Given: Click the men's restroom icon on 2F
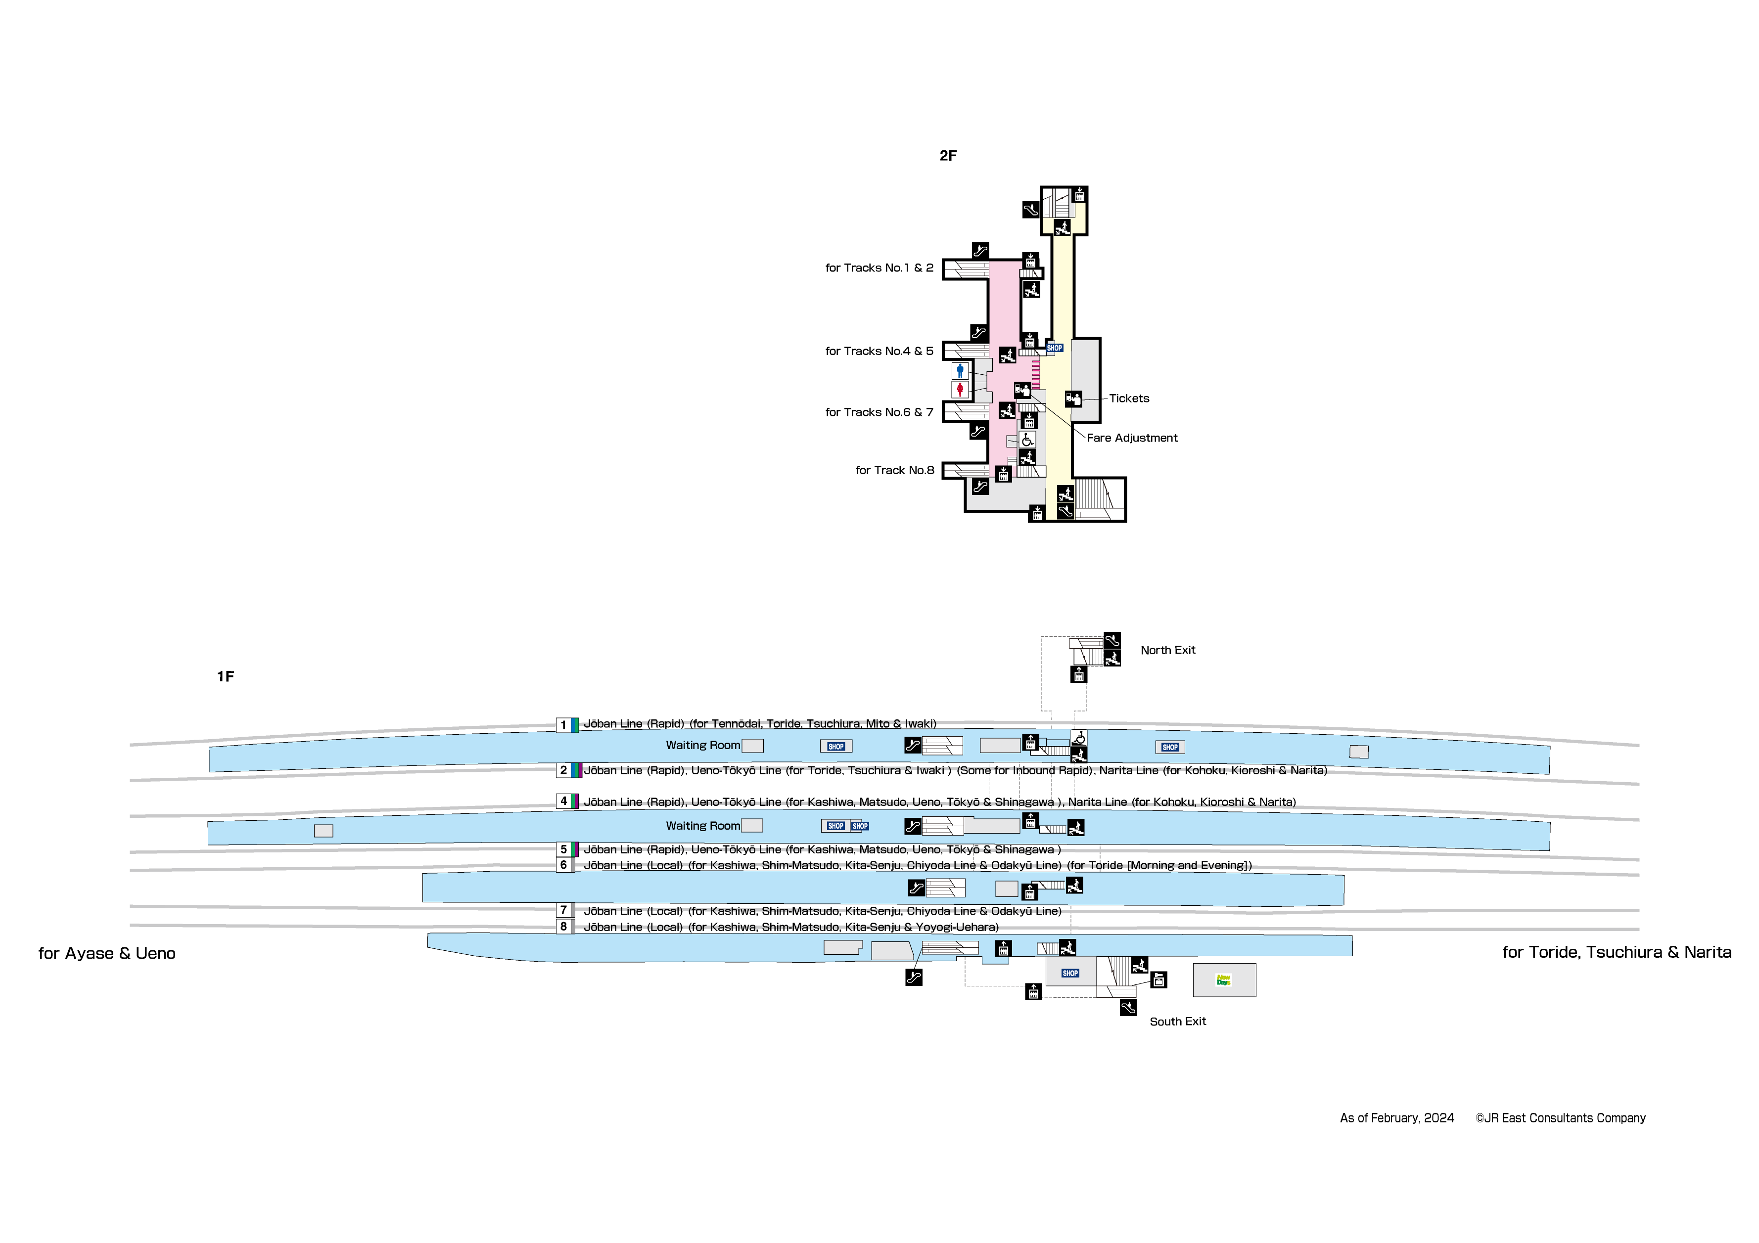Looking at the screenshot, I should pos(960,371).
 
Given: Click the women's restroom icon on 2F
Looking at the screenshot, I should pos(960,390).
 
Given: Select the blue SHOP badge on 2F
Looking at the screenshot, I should pos(1055,348).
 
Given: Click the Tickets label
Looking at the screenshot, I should pos(1129,398).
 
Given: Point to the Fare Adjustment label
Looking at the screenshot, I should pos(1132,438).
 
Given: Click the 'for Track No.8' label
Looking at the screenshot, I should pos(895,470).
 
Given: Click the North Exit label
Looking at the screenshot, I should pos(1167,650).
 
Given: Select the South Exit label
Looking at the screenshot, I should pos(1177,1021).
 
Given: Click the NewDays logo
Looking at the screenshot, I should pos(1223,979).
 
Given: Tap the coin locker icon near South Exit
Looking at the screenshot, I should pos(1159,980).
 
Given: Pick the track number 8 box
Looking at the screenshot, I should pos(563,927).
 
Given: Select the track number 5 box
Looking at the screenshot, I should pos(563,849).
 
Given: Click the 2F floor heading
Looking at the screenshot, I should pos(948,155).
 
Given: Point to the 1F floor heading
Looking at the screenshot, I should pos(225,676).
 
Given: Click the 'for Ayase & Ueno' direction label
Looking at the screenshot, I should pos(107,953).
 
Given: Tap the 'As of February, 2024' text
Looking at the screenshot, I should pos(1396,1118).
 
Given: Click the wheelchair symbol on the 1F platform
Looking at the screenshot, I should pos(1079,738).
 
